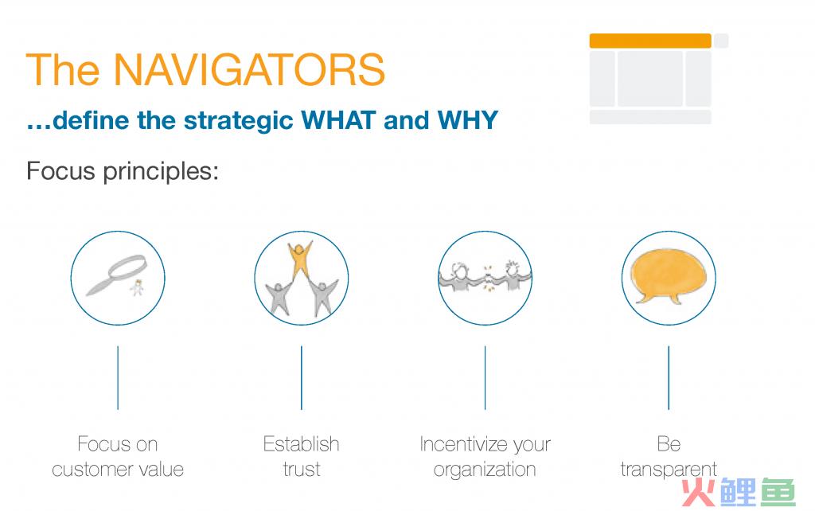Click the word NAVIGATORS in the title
[x=249, y=69]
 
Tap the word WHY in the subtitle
[x=468, y=120]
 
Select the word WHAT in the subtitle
[x=338, y=120]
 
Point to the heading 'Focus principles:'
[x=123, y=171]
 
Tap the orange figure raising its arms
[x=300, y=259]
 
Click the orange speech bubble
[x=669, y=276]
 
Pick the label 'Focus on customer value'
[x=118, y=456]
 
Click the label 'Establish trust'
[x=302, y=456]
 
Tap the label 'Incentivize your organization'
[x=485, y=456]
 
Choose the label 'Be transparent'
[x=669, y=456]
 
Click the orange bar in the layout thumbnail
[x=650, y=41]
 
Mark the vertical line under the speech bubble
[x=669, y=378]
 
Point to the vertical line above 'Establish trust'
[x=302, y=378]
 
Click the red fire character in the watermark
[x=699, y=492]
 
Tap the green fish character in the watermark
[x=778, y=492]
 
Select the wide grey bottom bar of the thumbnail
[x=650, y=116]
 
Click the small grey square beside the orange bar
[x=721, y=41]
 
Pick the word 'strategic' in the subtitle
[x=239, y=121]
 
